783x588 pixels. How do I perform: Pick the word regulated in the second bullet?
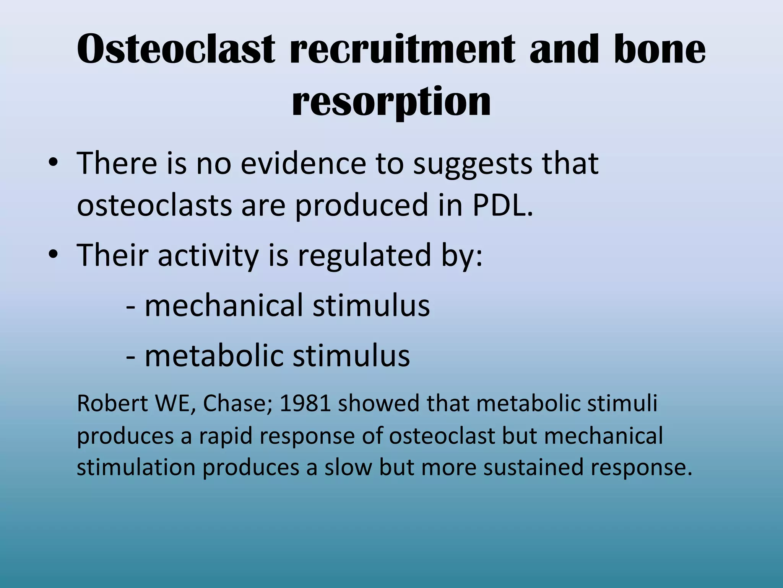click(365, 256)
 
